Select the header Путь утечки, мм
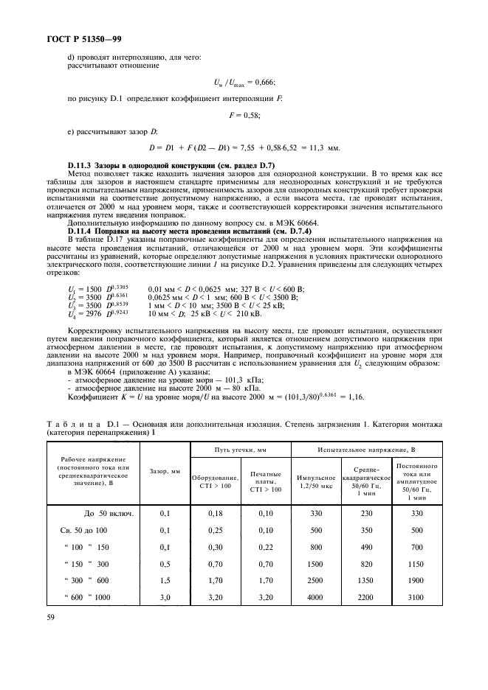(240, 448)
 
